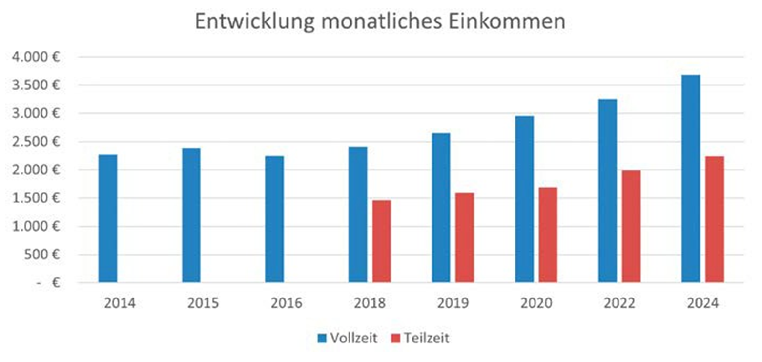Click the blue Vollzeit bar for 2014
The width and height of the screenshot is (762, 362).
[x=108, y=218]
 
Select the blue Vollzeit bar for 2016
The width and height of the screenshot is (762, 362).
[x=274, y=219]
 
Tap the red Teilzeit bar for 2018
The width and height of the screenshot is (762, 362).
[x=381, y=241]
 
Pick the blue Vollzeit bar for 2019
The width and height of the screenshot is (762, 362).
[x=441, y=208]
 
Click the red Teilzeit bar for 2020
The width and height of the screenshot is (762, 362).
[x=548, y=235]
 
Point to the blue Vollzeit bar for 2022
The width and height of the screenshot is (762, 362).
[x=608, y=191]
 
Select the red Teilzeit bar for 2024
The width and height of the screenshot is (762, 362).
[x=715, y=219]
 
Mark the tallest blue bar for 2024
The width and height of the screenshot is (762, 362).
[x=691, y=179]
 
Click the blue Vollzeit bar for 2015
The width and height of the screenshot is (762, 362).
[x=191, y=215]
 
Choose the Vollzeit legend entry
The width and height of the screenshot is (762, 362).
[x=348, y=338]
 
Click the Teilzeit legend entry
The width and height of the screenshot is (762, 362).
[x=420, y=338]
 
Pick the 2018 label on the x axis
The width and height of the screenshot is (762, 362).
[x=370, y=303]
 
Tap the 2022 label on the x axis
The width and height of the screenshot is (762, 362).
[x=619, y=303]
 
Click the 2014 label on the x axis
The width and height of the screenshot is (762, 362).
[x=120, y=303]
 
